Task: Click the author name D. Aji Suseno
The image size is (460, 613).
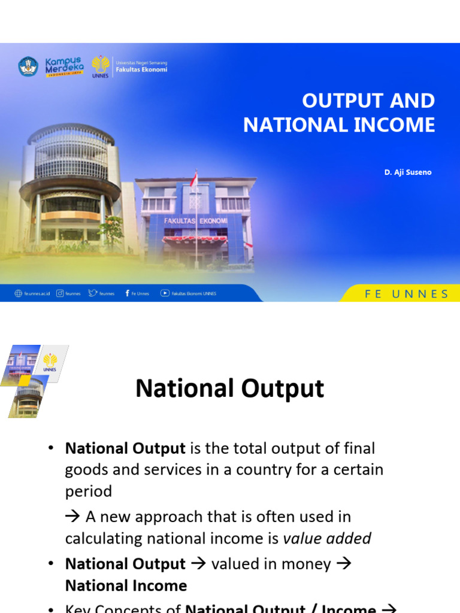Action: tap(407, 172)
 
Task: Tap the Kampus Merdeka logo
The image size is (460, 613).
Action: tap(64, 66)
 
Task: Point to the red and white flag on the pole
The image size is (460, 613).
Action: tap(193, 179)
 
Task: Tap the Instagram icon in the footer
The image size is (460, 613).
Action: tap(60, 293)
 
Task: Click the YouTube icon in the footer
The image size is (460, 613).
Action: tap(165, 293)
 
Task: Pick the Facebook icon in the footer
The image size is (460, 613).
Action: tap(127, 293)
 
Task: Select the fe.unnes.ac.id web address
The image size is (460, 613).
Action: tap(37, 294)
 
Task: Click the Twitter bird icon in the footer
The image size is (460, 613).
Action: tap(92, 293)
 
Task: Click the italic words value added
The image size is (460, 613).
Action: tap(327, 538)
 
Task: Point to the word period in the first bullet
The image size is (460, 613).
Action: tap(88, 491)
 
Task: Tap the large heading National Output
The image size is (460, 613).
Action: tap(229, 389)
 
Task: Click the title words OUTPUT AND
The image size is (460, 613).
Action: tap(368, 101)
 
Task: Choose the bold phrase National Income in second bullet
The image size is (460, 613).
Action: tap(126, 585)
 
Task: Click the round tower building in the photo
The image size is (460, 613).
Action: tap(70, 186)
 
